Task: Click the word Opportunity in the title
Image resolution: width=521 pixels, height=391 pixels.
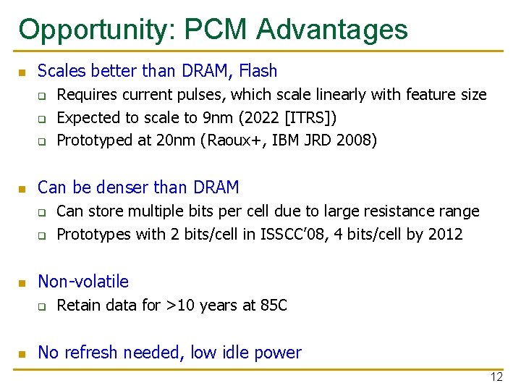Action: coord(96,30)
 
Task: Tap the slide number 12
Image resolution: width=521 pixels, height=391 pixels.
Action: coord(496,377)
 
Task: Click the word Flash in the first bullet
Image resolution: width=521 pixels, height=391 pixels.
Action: coord(258,71)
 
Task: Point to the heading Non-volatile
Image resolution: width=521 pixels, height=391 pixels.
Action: coord(82,282)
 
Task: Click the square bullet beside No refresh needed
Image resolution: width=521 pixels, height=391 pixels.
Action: coord(22,354)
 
